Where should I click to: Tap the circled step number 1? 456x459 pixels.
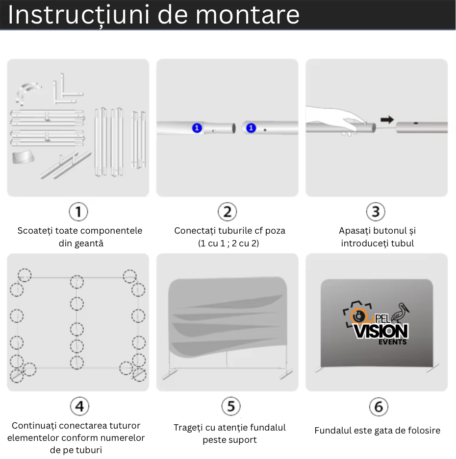point(78,212)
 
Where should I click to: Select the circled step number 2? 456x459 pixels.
point(227,212)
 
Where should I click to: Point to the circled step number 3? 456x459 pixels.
point(376,212)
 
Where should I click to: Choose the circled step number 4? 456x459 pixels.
point(79,406)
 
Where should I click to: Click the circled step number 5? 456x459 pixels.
point(230,406)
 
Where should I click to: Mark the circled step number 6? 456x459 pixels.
point(378,407)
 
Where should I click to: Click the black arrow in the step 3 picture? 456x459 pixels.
point(387,119)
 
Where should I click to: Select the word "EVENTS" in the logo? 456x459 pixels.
point(392,342)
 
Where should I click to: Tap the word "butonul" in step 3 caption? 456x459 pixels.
point(389,230)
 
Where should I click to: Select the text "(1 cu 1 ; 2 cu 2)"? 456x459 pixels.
point(228,243)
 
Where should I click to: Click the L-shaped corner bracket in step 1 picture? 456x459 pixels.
point(66,90)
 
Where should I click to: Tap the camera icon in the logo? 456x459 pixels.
point(356,315)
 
